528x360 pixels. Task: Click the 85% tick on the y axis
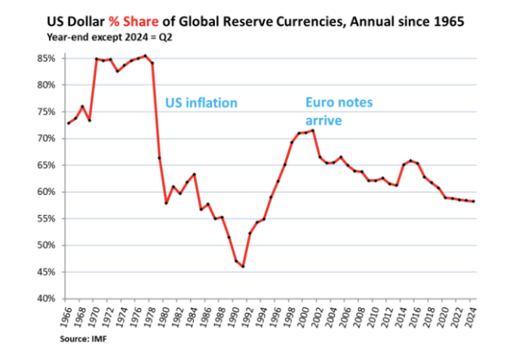[47, 58]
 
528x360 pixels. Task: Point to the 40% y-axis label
[47, 299]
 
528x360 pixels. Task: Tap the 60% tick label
[47, 192]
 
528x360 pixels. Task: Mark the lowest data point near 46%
[243, 266]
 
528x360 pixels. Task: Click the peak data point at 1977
[145, 55]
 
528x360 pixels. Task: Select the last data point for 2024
[473, 201]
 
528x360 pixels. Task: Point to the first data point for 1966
[69, 123]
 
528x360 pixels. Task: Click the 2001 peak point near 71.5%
[313, 130]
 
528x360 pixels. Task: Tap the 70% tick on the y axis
[47, 138]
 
